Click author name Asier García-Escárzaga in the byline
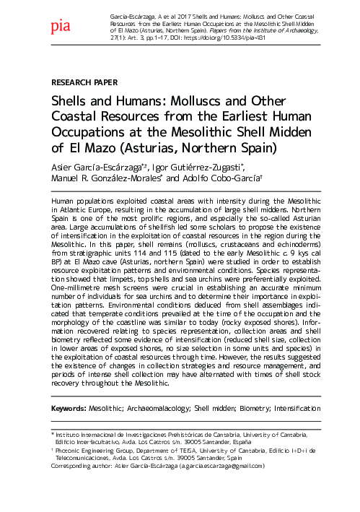[x=102, y=167]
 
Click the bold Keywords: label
[x=74, y=408]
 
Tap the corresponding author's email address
[x=225, y=466]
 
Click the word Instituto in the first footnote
[x=76, y=434]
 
